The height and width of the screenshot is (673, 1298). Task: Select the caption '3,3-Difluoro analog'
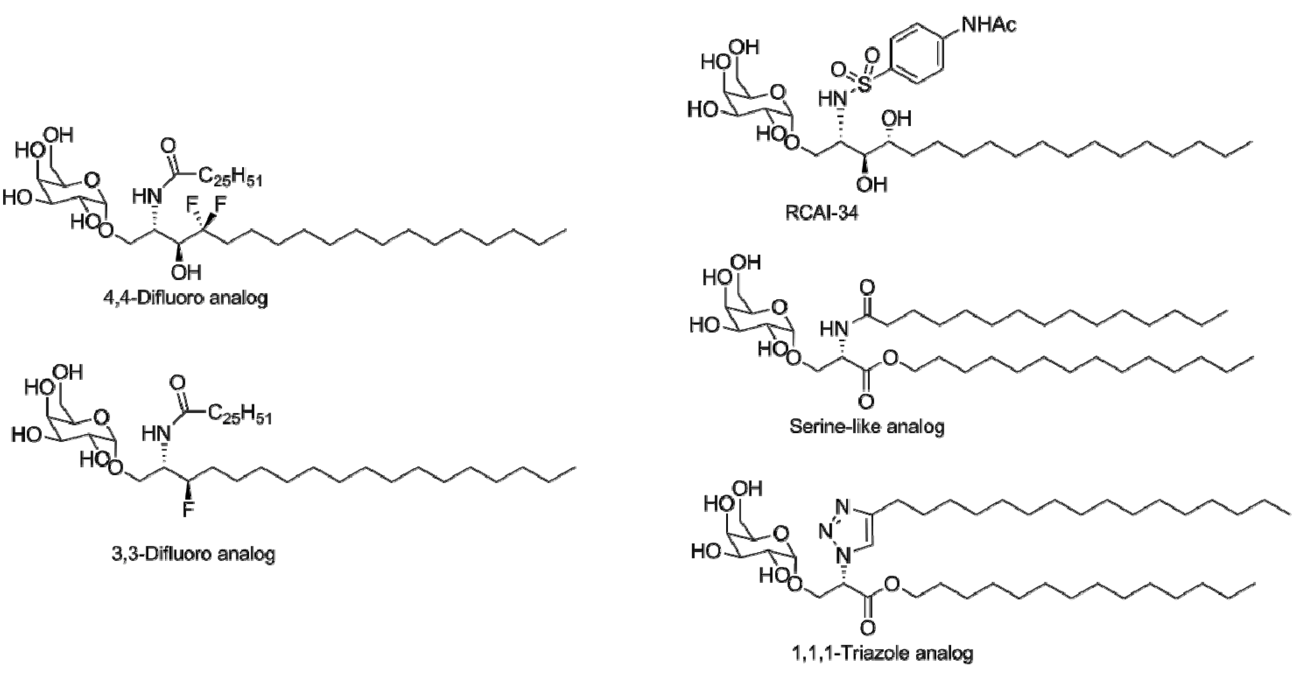(193, 554)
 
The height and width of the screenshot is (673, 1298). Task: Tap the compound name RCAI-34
(821, 213)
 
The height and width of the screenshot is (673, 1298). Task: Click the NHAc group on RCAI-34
(989, 24)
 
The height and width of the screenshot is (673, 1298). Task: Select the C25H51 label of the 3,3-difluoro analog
(239, 414)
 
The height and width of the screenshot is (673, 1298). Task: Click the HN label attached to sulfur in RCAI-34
(832, 99)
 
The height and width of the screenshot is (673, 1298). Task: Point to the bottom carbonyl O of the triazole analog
(867, 628)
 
